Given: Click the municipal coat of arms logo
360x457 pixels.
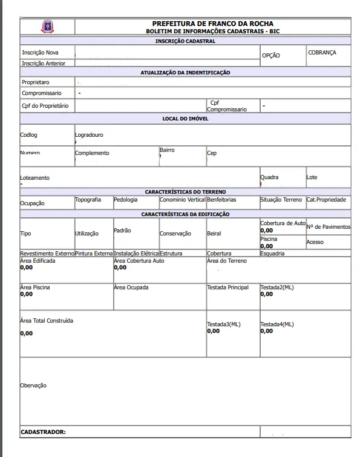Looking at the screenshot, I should click(47, 27).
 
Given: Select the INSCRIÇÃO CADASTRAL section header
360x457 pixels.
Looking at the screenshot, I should click(185, 41).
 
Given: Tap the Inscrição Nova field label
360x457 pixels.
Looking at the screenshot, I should click(40, 53).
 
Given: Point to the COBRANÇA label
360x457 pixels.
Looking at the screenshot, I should click(322, 53).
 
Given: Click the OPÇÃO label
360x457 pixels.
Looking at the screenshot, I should click(270, 56).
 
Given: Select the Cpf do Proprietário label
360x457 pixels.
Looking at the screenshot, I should click(45, 106).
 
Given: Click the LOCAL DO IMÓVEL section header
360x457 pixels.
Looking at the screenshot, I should click(185, 119).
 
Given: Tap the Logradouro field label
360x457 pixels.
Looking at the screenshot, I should click(89, 135).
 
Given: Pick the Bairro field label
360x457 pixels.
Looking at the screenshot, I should click(167, 150).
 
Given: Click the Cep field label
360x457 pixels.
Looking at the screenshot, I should click(212, 153).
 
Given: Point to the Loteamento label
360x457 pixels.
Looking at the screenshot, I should click(35, 178).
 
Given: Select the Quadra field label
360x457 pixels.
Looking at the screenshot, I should click(269, 177).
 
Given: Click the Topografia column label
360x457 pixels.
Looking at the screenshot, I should click(88, 199).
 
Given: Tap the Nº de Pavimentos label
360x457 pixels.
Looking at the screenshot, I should click(329, 227).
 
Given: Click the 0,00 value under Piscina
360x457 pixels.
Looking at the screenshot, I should click(266, 246).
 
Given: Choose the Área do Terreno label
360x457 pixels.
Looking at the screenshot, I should click(227, 261).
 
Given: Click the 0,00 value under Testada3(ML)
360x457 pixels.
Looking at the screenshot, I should click(213, 331).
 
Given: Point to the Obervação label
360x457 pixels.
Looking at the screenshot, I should click(33, 385).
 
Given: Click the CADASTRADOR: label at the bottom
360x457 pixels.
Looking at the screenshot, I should click(43, 432).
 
